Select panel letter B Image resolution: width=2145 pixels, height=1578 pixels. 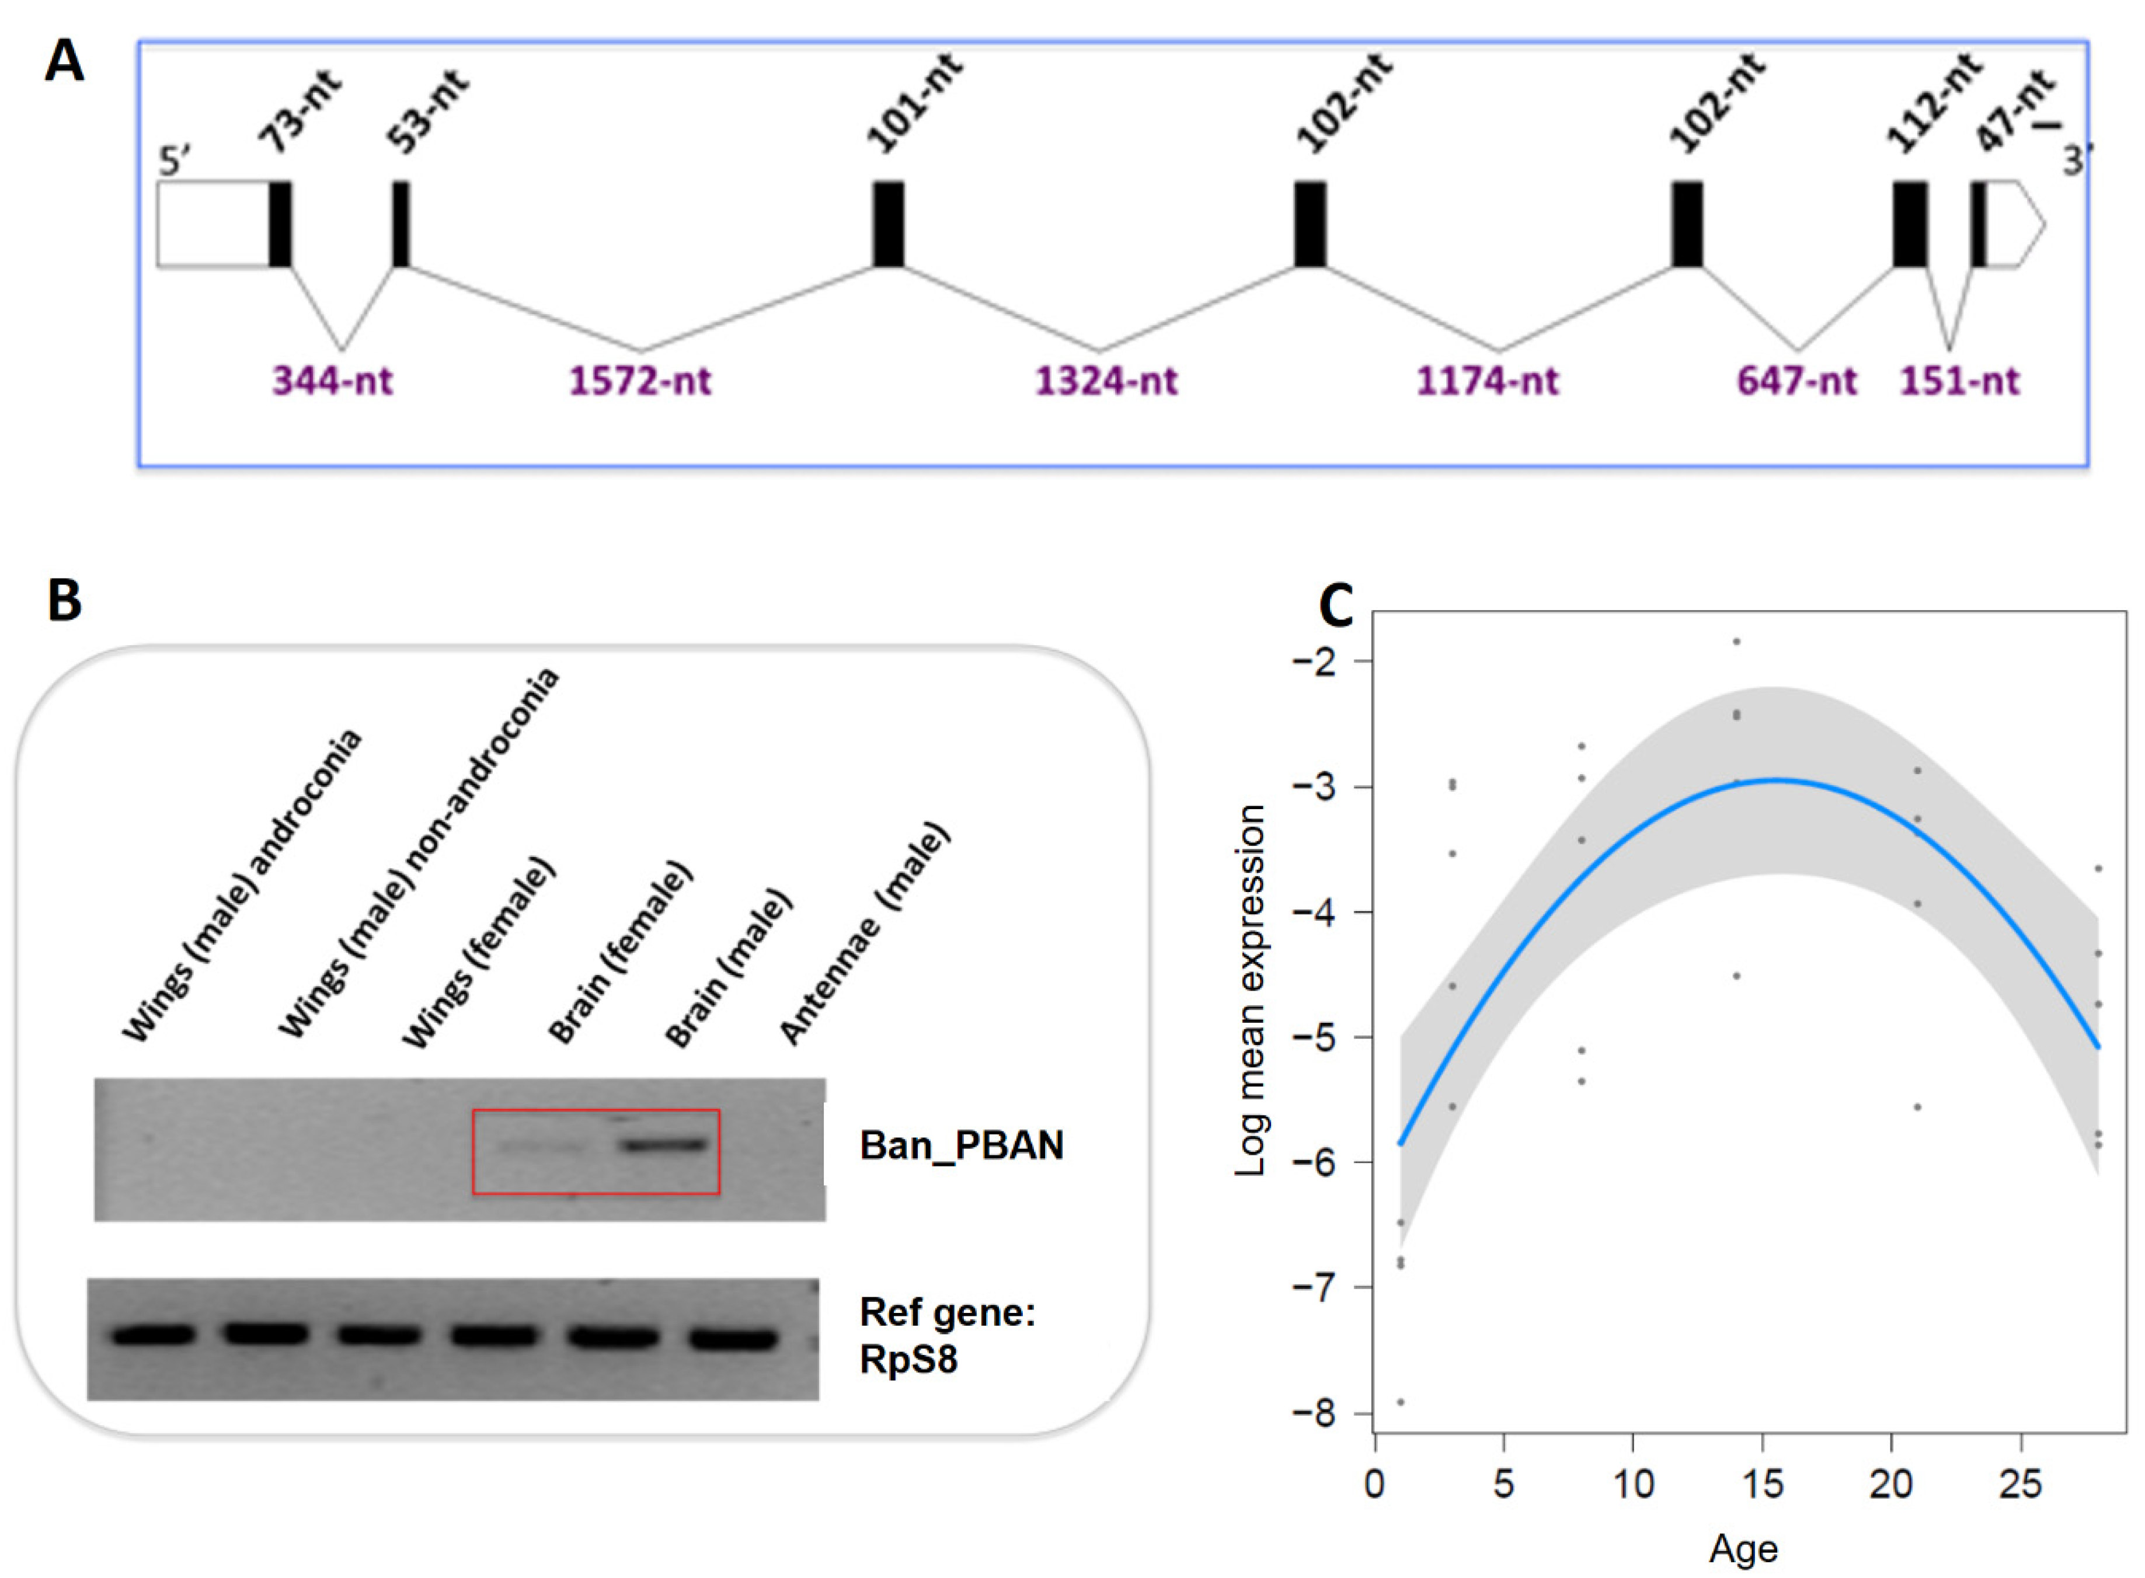tap(64, 600)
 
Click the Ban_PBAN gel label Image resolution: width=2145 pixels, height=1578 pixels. tap(961, 1144)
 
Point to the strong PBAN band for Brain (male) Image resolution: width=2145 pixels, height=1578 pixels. tap(666, 1144)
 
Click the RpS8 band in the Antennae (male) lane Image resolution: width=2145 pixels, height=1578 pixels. tap(733, 1339)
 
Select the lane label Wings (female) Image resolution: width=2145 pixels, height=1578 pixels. tap(478, 953)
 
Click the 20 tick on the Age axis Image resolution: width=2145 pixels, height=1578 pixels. tap(1891, 1483)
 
